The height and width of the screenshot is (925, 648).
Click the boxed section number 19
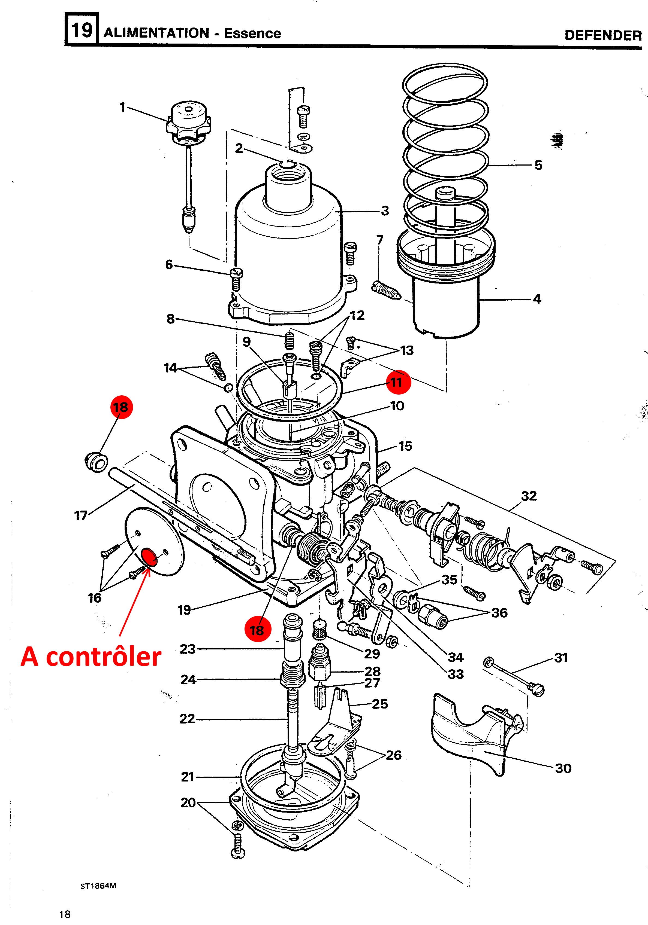pos(82,30)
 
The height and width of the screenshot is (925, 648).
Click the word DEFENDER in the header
pos(603,35)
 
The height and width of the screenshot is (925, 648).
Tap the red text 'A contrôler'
pos(91,657)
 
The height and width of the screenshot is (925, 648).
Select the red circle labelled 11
pos(398,382)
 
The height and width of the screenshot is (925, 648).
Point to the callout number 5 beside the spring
pos(538,165)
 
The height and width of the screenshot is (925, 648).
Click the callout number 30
pos(563,769)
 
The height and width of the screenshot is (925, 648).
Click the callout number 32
pos(529,496)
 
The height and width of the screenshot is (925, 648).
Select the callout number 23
pos(188,649)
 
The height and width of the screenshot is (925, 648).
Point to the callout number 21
pos(188,777)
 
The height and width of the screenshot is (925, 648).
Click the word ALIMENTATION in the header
pos(156,33)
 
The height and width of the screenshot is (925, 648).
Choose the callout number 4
pos(537,299)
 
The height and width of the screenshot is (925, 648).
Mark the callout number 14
pos(171,368)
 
